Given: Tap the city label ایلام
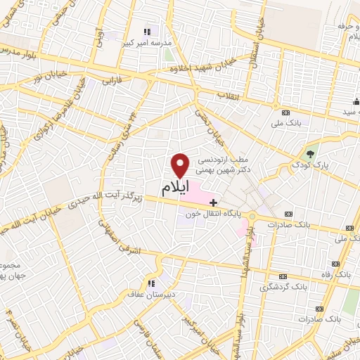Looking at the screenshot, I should [176, 188].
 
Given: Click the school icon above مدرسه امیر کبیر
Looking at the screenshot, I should [147, 32].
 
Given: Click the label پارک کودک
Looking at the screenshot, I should [313, 165].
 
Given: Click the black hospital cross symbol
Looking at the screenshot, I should [214, 202].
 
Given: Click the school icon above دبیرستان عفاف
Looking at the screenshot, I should [150, 283].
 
